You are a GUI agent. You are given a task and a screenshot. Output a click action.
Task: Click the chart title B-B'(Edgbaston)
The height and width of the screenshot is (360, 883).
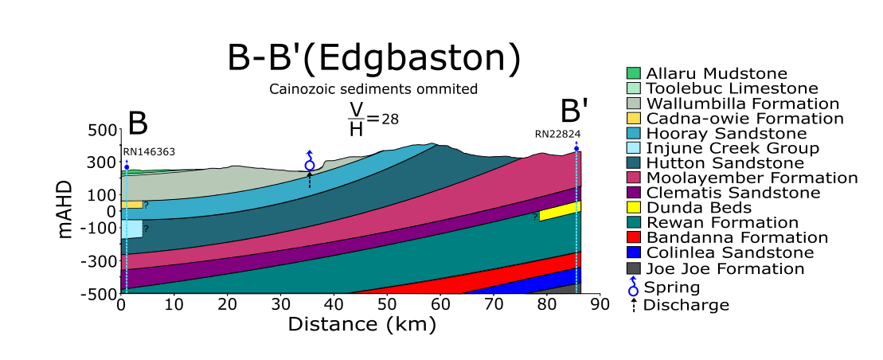point(374,59)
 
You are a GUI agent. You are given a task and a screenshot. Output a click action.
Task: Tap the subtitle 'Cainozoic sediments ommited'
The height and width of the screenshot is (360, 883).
point(374,89)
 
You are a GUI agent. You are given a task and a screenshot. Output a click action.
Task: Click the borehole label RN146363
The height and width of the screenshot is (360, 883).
point(149,151)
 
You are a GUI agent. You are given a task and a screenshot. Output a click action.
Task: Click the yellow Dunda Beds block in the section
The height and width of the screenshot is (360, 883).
point(560,211)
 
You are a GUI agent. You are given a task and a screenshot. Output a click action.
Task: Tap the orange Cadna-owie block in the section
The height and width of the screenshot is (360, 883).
point(132,205)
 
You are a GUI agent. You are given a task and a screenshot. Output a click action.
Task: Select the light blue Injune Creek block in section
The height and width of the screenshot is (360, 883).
point(132,229)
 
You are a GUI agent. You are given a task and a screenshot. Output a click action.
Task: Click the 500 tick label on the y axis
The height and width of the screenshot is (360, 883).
point(103,130)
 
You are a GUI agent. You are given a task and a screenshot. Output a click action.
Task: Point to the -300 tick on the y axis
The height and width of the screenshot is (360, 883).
point(101,260)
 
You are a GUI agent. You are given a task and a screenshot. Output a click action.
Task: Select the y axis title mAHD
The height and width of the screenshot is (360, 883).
point(68,210)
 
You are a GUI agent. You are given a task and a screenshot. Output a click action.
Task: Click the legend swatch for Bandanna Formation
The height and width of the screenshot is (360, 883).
point(634,238)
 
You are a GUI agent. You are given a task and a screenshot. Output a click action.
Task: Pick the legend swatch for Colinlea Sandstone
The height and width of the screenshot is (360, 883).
point(634,253)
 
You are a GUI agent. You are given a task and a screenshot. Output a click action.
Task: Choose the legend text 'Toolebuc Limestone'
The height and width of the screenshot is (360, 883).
point(732,88)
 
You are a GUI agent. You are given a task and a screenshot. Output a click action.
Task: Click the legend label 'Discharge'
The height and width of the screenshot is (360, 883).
point(686,304)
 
